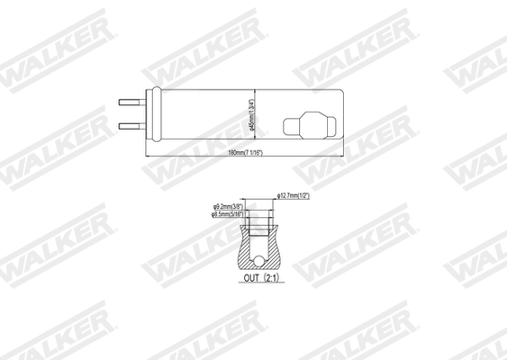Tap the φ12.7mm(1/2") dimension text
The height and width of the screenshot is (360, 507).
pyautogui.click(x=294, y=196)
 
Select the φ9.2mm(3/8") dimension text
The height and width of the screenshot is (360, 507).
pyautogui.click(x=228, y=207)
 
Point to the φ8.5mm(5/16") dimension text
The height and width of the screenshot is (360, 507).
pyautogui.click(x=228, y=215)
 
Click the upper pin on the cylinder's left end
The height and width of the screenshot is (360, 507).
pyautogui.click(x=130, y=102)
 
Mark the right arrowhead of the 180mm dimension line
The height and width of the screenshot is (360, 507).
pyautogui.click(x=347, y=156)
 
